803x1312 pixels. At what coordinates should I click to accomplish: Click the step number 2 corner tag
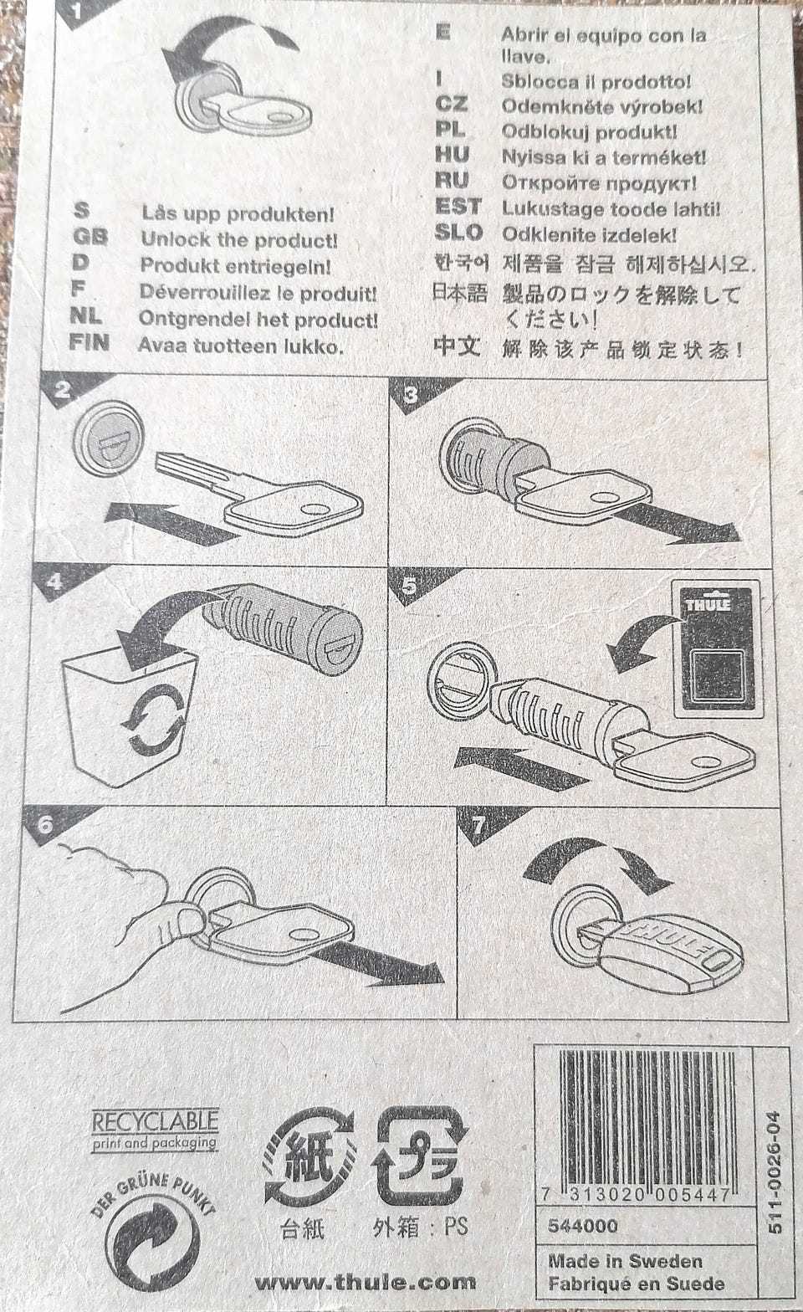click(64, 392)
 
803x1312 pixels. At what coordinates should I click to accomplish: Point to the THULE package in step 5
click(719, 648)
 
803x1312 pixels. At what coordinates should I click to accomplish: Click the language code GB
click(90, 237)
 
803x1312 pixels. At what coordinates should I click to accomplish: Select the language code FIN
click(89, 342)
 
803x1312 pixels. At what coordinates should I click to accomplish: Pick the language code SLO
click(458, 233)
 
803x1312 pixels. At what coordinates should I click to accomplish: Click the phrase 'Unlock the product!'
click(239, 239)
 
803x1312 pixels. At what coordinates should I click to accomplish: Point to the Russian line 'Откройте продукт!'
click(599, 183)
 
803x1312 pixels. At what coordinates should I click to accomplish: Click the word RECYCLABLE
click(156, 1121)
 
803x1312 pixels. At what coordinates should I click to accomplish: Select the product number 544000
click(583, 1226)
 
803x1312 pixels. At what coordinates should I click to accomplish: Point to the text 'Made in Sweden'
click(625, 1261)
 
